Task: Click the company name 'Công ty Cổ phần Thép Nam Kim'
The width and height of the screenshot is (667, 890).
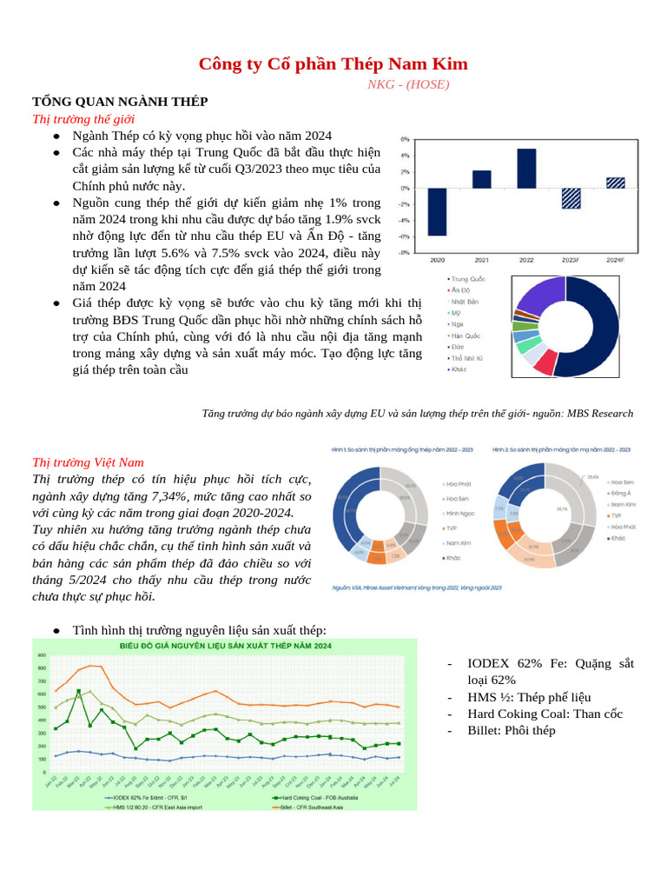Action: pyautogui.click(x=333, y=64)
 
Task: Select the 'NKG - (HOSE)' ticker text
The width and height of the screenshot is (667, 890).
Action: pyautogui.click(x=408, y=84)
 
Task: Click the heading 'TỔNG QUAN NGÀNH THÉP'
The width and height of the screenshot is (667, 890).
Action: pyautogui.click(x=120, y=102)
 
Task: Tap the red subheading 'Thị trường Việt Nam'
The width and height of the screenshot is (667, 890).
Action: pyautogui.click(x=88, y=462)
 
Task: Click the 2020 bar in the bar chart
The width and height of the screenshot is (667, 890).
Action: pyautogui.click(x=437, y=211)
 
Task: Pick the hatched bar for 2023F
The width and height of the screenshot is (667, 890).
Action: pyautogui.click(x=571, y=198)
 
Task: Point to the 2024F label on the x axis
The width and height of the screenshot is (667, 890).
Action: pyautogui.click(x=615, y=260)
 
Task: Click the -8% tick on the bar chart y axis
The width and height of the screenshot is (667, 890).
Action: pyautogui.click(x=405, y=253)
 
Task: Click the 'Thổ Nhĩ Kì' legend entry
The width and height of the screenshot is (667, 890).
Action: pyautogui.click(x=471, y=357)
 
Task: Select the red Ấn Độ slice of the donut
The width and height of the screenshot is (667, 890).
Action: pyautogui.click(x=545, y=362)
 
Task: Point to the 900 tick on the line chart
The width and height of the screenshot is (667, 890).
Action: pyautogui.click(x=42, y=654)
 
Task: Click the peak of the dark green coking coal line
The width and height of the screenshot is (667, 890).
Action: pyautogui.click(x=79, y=691)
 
